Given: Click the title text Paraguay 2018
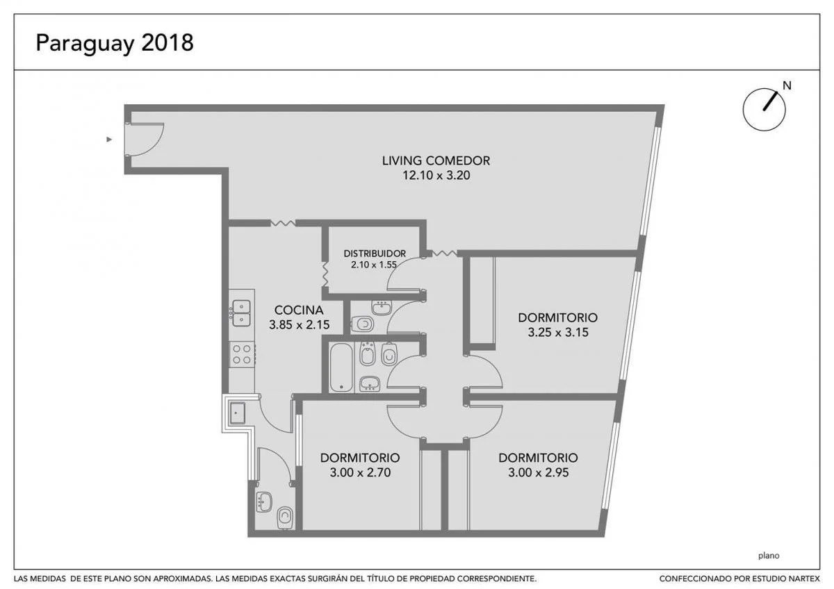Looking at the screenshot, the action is (115, 43).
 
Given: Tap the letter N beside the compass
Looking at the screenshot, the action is (787, 85).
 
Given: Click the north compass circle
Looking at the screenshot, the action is (764, 109).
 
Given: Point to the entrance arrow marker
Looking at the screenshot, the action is (109, 140).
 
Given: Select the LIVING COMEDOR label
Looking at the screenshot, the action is (436, 160).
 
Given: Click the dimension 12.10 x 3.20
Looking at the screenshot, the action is (436, 175).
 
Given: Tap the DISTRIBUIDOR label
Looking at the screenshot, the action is (375, 254).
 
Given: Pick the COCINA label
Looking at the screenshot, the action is (299, 310).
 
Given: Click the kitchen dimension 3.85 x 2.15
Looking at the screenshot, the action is (299, 325).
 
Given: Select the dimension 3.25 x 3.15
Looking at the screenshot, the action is (557, 332).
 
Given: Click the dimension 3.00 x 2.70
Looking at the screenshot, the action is (360, 472).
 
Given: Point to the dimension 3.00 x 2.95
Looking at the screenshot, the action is (539, 472).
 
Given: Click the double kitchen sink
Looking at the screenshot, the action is (241, 313).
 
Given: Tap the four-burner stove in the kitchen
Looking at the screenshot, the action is (242, 355).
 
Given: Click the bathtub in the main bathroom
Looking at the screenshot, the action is (341, 367).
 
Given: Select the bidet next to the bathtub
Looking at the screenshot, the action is (367, 354).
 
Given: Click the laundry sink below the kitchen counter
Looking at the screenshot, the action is (237, 413).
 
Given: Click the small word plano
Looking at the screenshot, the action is (769, 556).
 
